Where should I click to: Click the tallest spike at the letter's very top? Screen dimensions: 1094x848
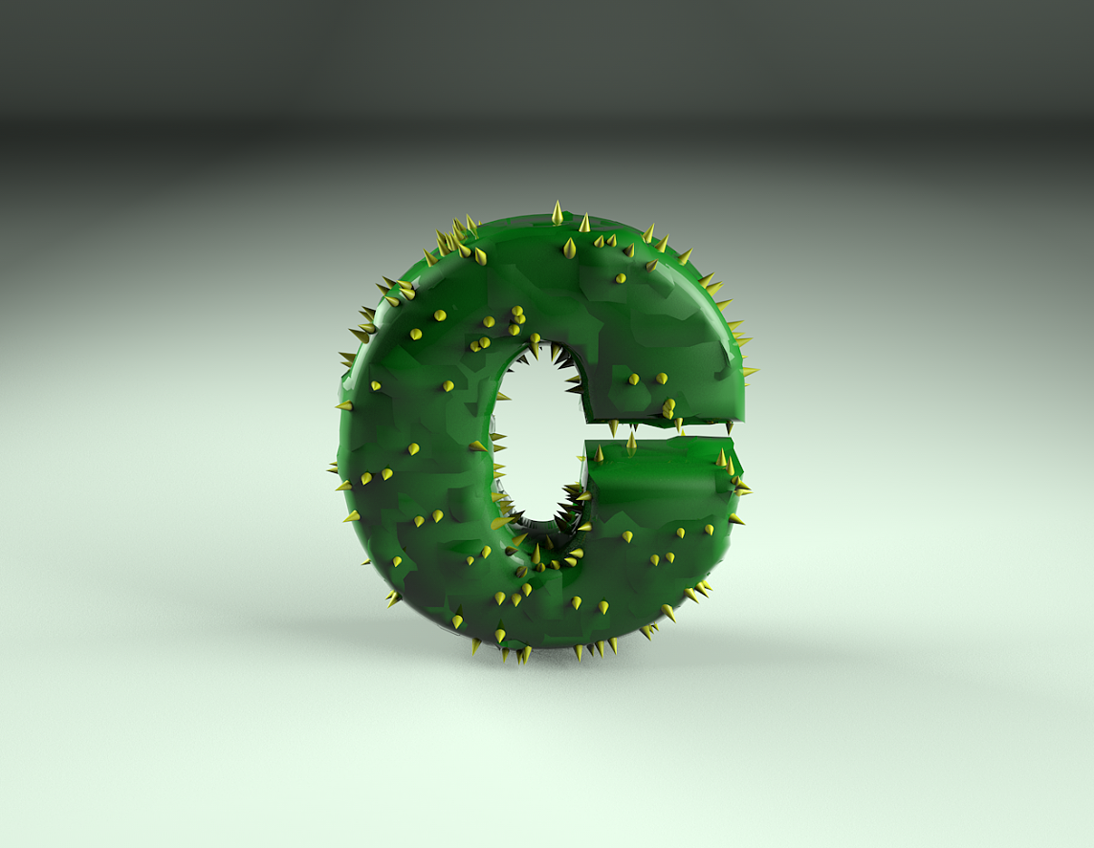pyautogui.click(x=557, y=212)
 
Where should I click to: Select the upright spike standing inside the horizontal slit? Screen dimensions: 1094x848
pyautogui.click(x=631, y=443)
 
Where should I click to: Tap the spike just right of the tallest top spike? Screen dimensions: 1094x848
pyautogui.click(x=584, y=223)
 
